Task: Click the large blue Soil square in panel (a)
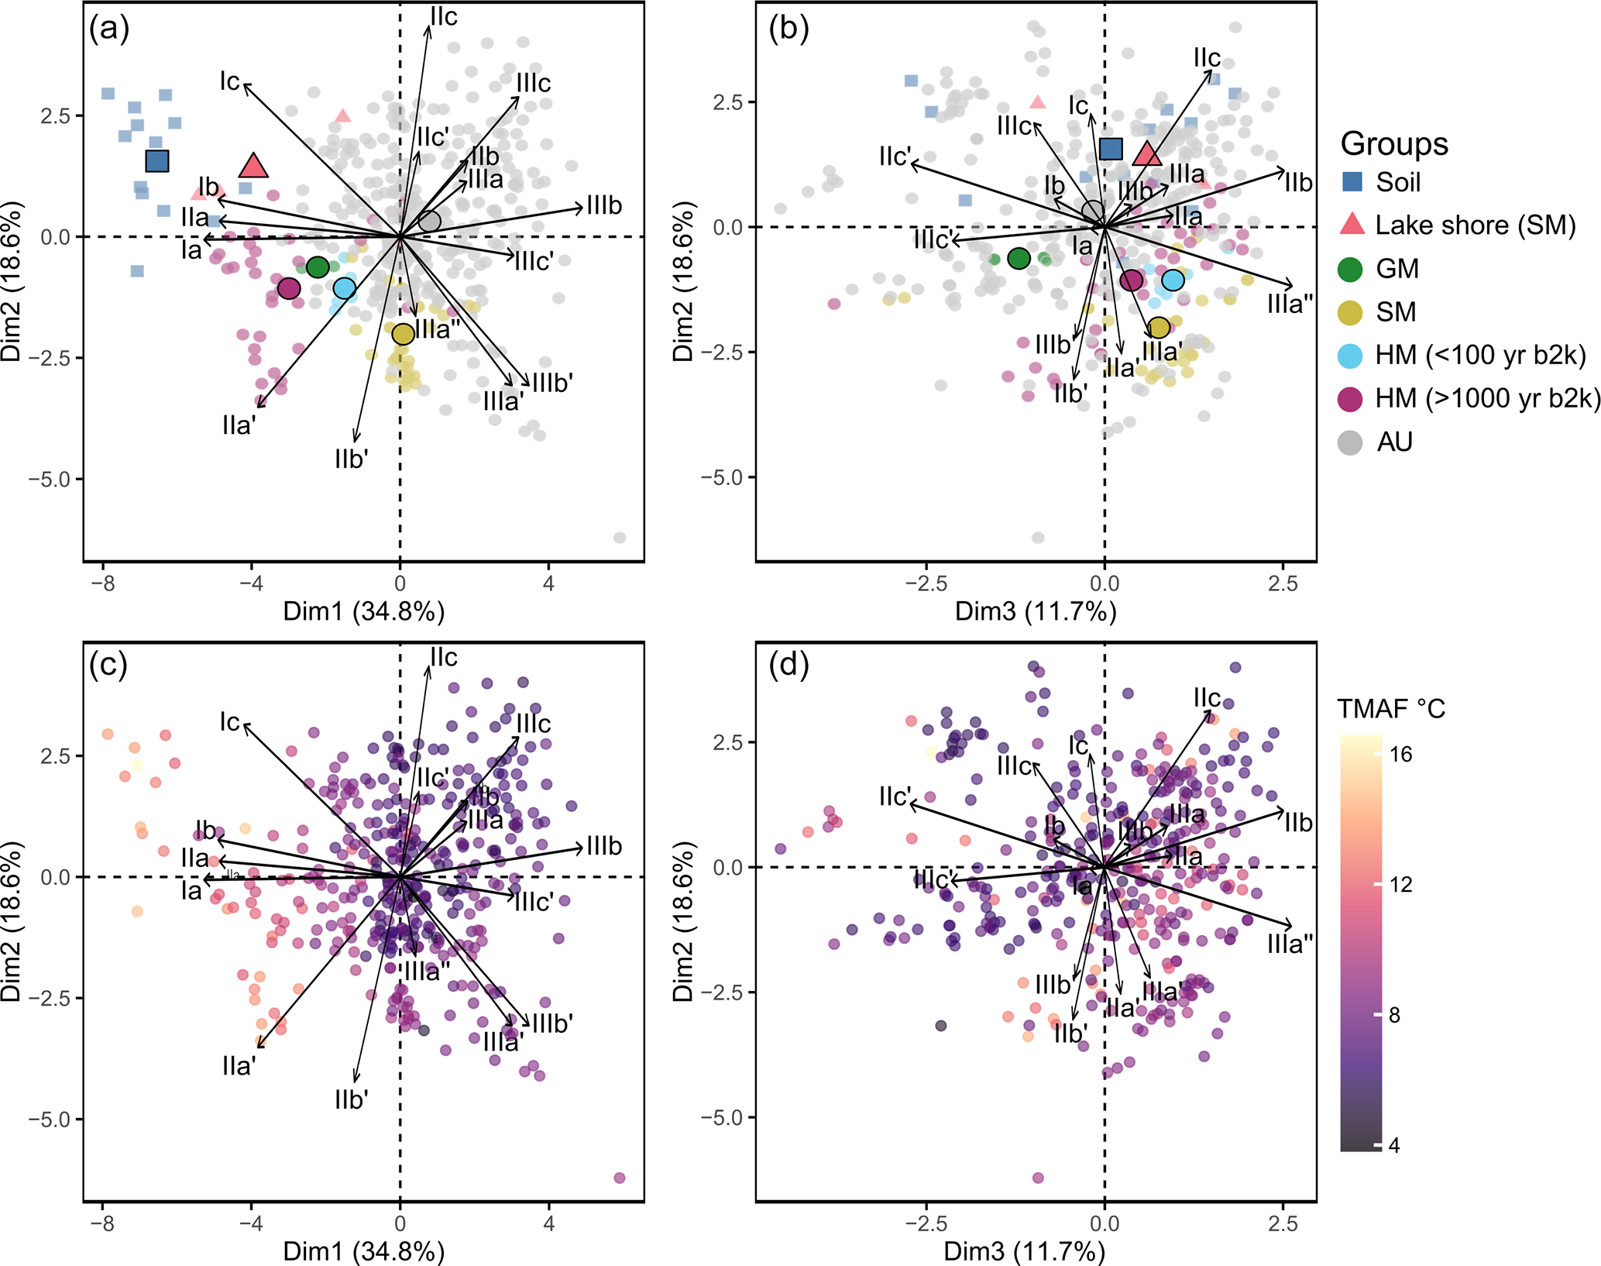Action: [157, 161]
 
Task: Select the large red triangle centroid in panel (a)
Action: [253, 166]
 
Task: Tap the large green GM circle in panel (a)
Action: [318, 267]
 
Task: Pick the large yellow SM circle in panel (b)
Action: [1159, 328]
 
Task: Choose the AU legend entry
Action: [1394, 442]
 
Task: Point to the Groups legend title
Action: [1394, 144]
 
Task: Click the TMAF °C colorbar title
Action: [1391, 708]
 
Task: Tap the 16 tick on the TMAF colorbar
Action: [1400, 754]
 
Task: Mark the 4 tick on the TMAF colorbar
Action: [1394, 1145]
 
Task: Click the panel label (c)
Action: [108, 665]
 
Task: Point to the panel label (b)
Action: [788, 29]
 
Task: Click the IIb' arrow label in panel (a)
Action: [351, 459]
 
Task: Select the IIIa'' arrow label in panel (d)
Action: [1290, 944]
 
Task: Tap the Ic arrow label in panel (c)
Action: [230, 721]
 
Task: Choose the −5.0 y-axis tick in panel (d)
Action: [722, 1118]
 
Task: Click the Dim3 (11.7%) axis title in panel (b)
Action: [1036, 612]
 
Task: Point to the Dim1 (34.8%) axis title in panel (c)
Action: [364, 1251]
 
